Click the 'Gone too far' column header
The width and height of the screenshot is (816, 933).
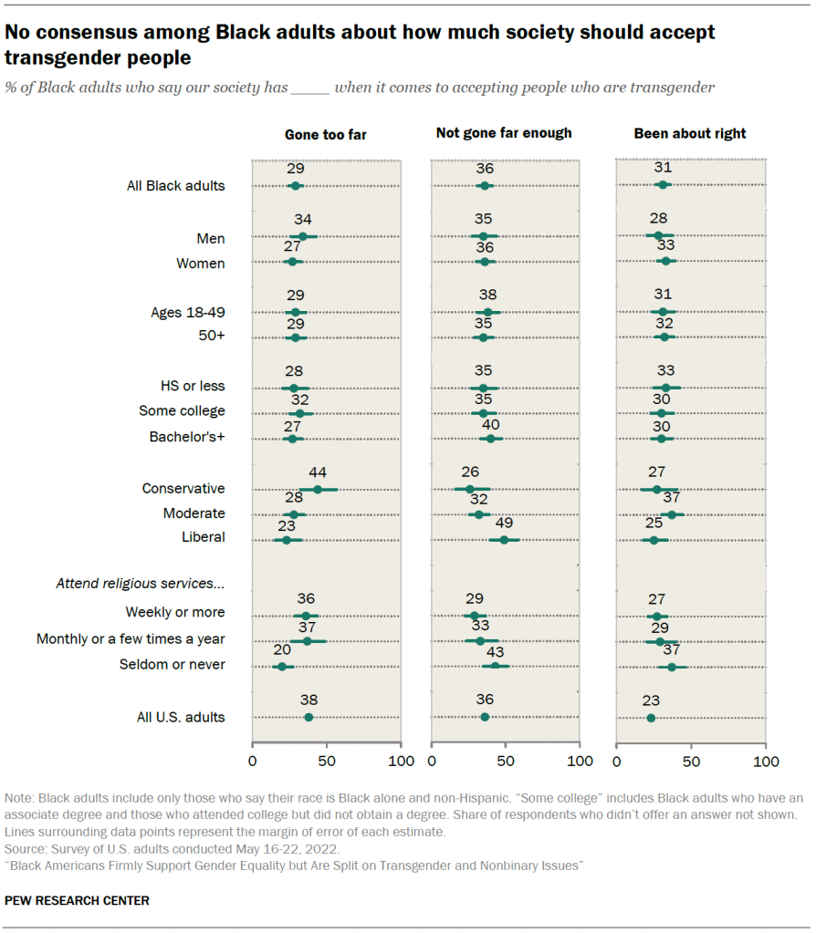326,134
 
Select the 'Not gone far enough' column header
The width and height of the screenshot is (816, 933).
504,133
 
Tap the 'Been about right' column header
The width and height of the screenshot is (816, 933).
690,134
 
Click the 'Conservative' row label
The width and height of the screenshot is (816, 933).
183,489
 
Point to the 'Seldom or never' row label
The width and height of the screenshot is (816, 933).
173,665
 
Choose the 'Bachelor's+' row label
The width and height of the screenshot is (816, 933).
187,437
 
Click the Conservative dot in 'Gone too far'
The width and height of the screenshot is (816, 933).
318,490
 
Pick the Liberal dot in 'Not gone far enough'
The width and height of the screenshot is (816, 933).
504,540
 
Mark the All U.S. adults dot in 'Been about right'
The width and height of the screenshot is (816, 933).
651,718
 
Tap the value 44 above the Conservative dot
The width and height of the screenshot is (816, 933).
318,472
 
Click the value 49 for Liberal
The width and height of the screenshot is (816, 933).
504,524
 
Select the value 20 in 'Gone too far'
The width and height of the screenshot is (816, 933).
281,649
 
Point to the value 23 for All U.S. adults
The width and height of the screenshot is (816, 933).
651,700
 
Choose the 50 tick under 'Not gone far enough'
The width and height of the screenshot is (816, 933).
505,761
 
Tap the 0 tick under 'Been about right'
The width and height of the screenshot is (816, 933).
617,761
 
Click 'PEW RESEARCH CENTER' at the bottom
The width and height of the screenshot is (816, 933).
77,900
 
